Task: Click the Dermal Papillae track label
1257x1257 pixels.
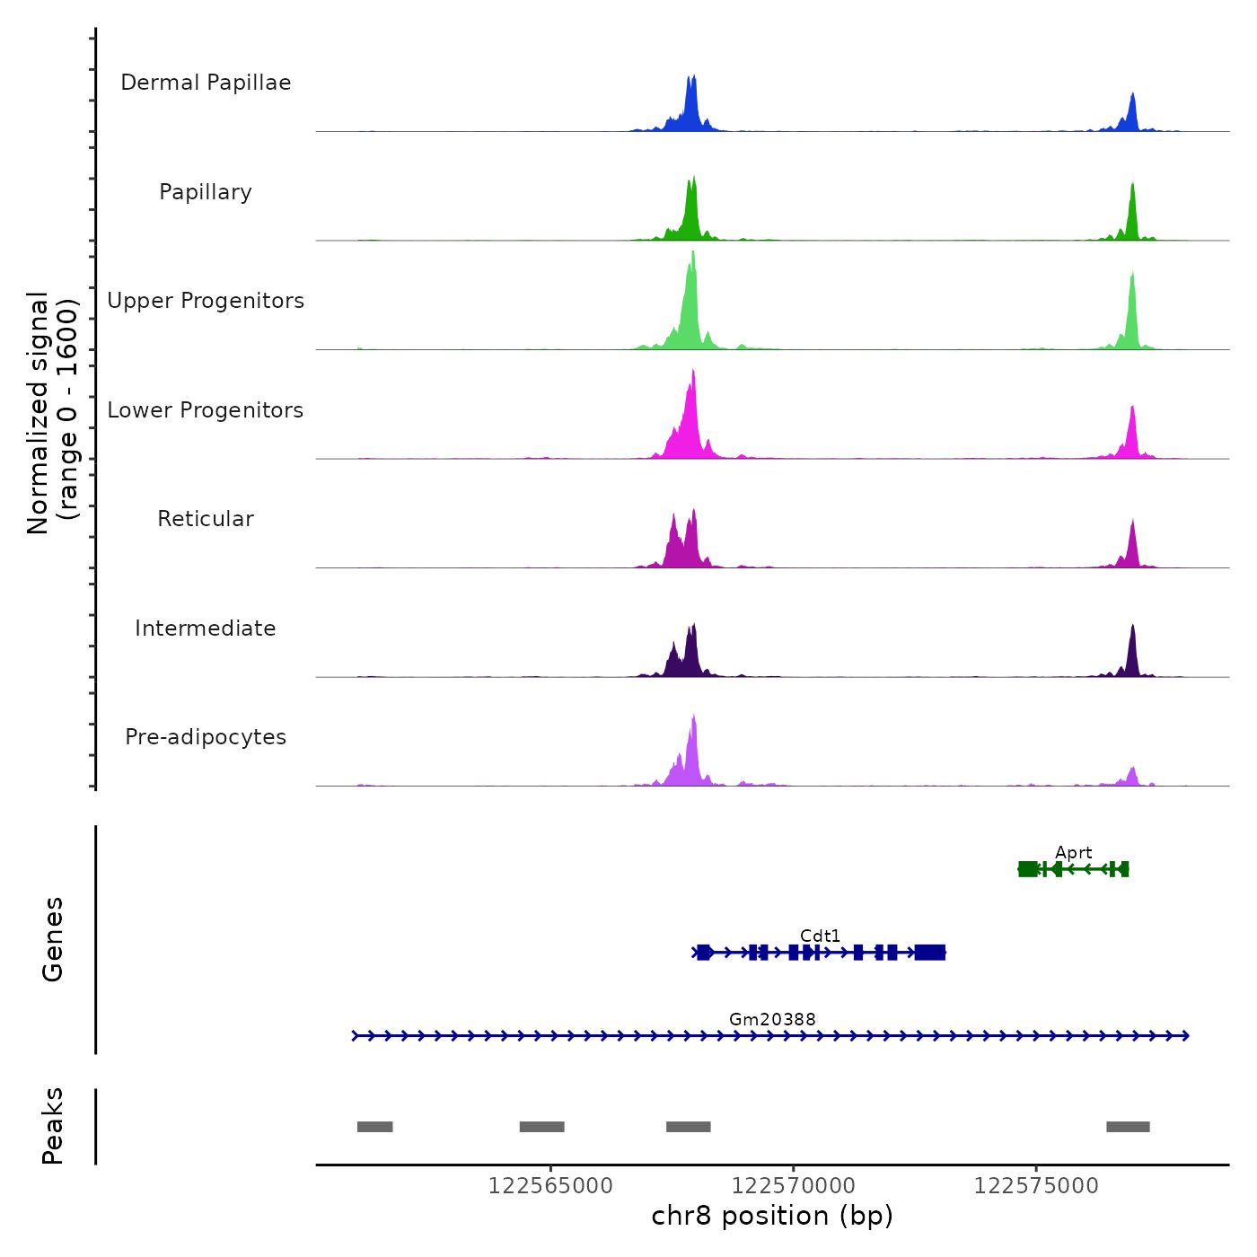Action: click(x=206, y=83)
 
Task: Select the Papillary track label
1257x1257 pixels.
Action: click(x=206, y=192)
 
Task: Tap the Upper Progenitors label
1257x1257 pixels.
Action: click(x=206, y=301)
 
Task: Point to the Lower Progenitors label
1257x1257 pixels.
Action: click(x=206, y=410)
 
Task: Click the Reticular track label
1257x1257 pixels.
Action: click(x=206, y=519)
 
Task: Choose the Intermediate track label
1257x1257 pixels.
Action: click(x=206, y=628)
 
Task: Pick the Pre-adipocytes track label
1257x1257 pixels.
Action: click(x=206, y=737)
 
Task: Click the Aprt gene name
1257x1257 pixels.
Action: click(x=1073, y=852)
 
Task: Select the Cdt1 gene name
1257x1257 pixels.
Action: click(x=820, y=936)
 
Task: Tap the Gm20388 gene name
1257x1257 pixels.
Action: click(x=772, y=1019)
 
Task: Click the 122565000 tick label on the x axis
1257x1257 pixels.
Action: click(x=550, y=1186)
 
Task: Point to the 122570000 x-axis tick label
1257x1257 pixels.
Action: click(x=794, y=1186)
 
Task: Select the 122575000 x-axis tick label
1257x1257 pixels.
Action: click(x=1036, y=1186)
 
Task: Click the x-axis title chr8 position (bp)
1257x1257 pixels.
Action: click(x=772, y=1216)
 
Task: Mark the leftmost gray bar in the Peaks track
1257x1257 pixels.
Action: click(x=374, y=1127)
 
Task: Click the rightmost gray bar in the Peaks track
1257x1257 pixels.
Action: click(x=1128, y=1127)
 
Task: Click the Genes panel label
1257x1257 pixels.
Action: click(x=52, y=939)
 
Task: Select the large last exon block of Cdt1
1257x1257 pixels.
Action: click(x=930, y=953)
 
